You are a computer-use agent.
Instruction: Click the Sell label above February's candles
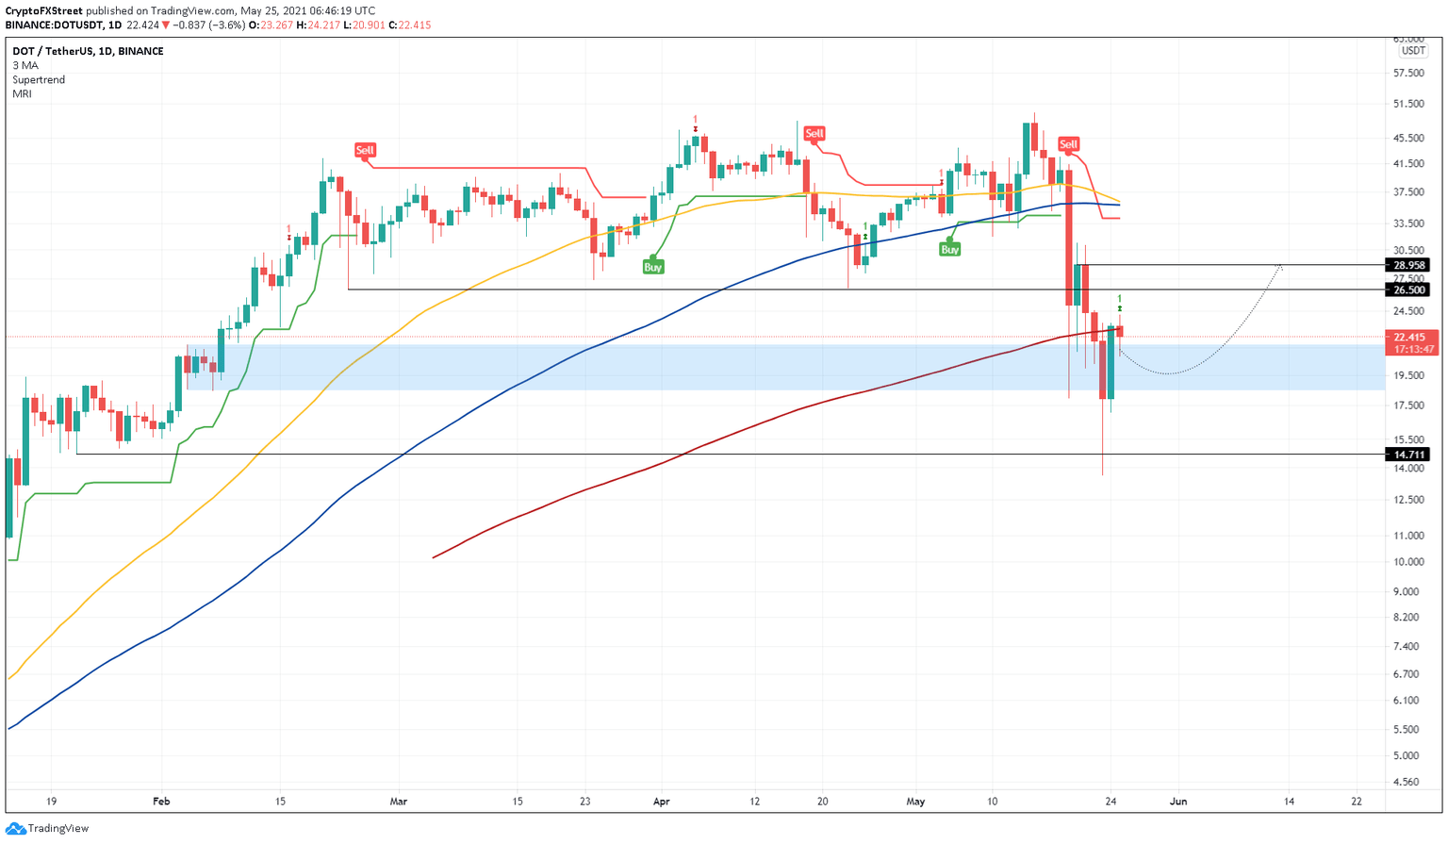365,150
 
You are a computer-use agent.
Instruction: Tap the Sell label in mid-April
814,133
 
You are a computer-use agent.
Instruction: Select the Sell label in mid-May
1068,144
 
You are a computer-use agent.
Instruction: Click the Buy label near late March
652,267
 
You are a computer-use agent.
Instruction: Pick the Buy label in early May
949,249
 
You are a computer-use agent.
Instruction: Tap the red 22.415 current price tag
1409,337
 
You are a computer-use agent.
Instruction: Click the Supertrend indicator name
39,80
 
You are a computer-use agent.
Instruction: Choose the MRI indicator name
22,94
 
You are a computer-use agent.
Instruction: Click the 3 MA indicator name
25,66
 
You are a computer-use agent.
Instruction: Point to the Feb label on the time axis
161,802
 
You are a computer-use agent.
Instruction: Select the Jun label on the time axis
1178,802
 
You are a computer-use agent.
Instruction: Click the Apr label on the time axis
661,802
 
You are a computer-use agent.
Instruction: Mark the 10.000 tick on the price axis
1407,562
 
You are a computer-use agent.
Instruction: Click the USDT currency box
1412,51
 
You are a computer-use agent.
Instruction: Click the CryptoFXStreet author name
43,11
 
